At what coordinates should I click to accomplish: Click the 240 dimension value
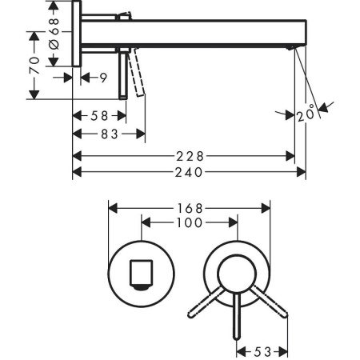pyautogui.click(x=189, y=171)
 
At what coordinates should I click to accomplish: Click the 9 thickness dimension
pyautogui.click(x=104, y=77)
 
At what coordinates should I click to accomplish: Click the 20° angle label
pyautogui.click(x=305, y=115)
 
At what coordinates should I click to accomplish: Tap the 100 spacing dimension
pyautogui.click(x=190, y=225)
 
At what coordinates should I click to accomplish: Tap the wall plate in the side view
pyautogui.click(x=77, y=35)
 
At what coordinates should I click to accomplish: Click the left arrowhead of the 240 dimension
pyautogui.click(x=77, y=171)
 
